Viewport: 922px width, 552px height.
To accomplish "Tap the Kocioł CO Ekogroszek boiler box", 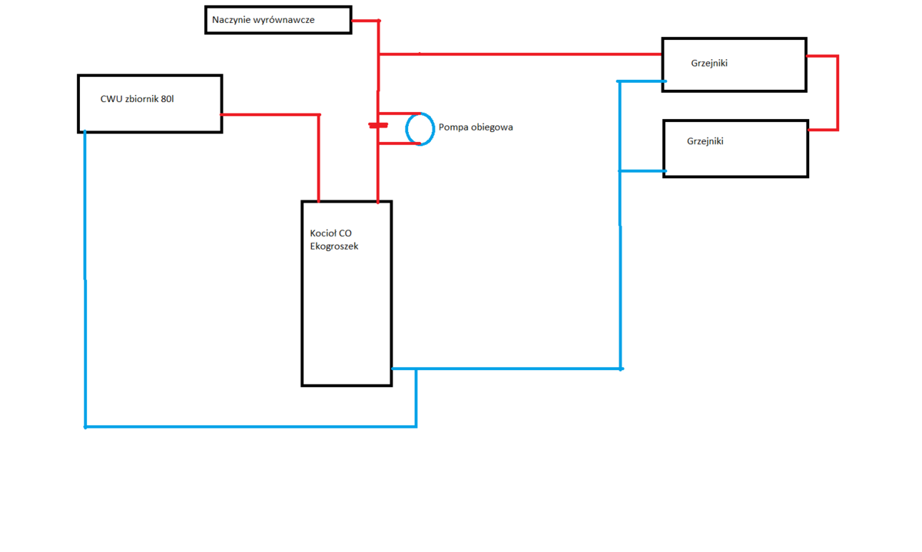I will (347, 307).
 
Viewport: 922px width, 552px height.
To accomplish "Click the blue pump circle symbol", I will (420, 128).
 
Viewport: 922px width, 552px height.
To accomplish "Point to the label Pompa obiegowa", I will (476, 127).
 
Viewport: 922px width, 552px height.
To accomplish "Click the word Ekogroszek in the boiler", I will (333, 246).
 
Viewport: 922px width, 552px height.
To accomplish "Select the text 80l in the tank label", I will (167, 99).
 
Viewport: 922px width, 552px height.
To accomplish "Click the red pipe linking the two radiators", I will (837, 92).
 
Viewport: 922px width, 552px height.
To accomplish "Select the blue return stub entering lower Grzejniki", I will (642, 170).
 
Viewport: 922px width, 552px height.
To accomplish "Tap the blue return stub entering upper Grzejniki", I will (642, 81).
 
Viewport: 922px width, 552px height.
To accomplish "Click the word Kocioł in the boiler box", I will (323, 233).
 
